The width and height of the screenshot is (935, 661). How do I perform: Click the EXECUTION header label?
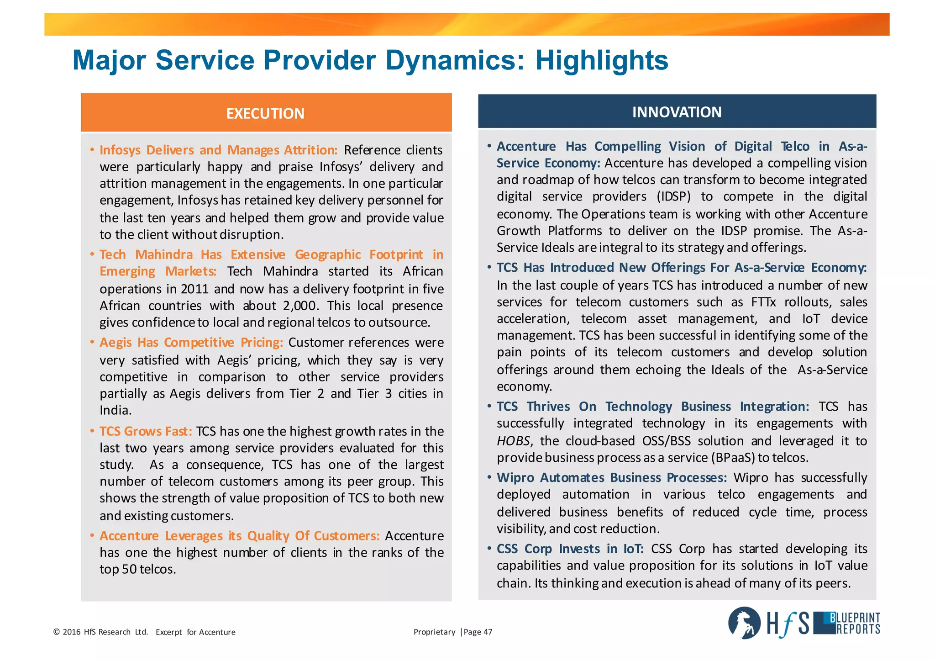tap(265, 113)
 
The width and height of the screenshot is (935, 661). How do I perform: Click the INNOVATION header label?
tap(677, 112)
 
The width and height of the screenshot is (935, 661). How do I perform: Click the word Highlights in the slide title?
tap(601, 60)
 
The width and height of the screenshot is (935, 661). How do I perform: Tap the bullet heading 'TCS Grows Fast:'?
tap(146, 431)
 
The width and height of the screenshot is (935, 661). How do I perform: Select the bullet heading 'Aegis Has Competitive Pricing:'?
tap(191, 343)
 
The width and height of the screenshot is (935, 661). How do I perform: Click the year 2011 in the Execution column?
tap(194, 289)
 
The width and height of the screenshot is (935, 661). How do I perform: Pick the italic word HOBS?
tap(513, 441)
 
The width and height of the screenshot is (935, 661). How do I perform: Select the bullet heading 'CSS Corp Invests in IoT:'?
tap(570, 549)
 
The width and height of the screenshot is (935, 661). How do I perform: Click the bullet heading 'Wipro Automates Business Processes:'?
tap(612, 478)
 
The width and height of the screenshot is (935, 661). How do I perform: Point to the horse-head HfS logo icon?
tap(744, 623)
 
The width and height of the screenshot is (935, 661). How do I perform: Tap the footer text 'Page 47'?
tap(478, 632)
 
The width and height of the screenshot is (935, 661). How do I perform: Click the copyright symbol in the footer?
tap(57, 632)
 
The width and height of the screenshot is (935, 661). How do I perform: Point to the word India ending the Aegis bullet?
tap(115, 411)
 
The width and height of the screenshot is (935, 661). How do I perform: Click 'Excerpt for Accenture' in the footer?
tap(195, 632)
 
